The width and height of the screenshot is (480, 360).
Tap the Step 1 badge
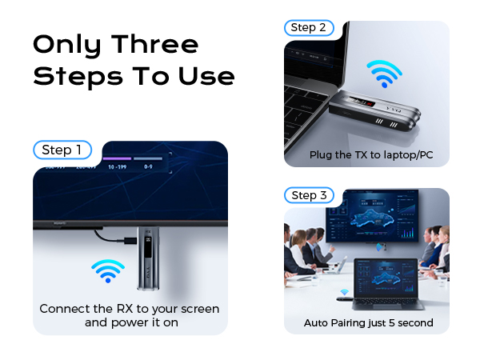point(62,150)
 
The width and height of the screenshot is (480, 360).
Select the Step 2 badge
point(308,28)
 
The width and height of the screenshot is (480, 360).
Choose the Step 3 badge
point(308,195)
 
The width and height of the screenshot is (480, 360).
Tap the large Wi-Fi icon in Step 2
point(384,73)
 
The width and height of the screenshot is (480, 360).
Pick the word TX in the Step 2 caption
point(358,154)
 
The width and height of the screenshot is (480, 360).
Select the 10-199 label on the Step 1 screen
point(117,168)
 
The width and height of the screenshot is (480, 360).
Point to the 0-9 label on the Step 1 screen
point(149,168)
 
